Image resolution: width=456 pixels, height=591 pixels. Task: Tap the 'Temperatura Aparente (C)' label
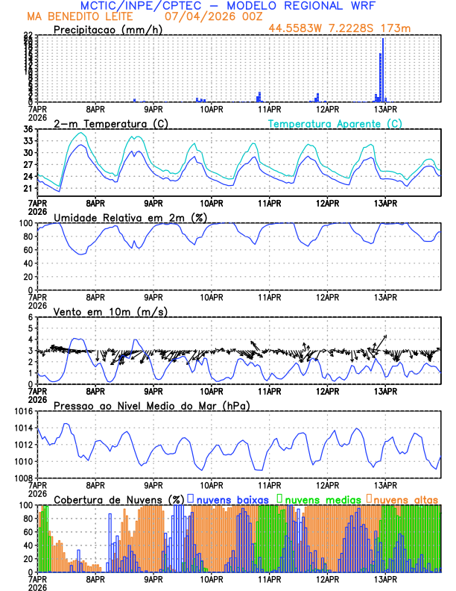point(335,123)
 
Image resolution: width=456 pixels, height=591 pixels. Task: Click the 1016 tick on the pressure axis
point(22,411)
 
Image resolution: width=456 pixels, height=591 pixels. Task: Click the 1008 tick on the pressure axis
point(22,478)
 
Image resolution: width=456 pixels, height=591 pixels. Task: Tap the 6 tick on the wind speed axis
point(31,317)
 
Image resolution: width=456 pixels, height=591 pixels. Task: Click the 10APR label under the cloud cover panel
point(211,579)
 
